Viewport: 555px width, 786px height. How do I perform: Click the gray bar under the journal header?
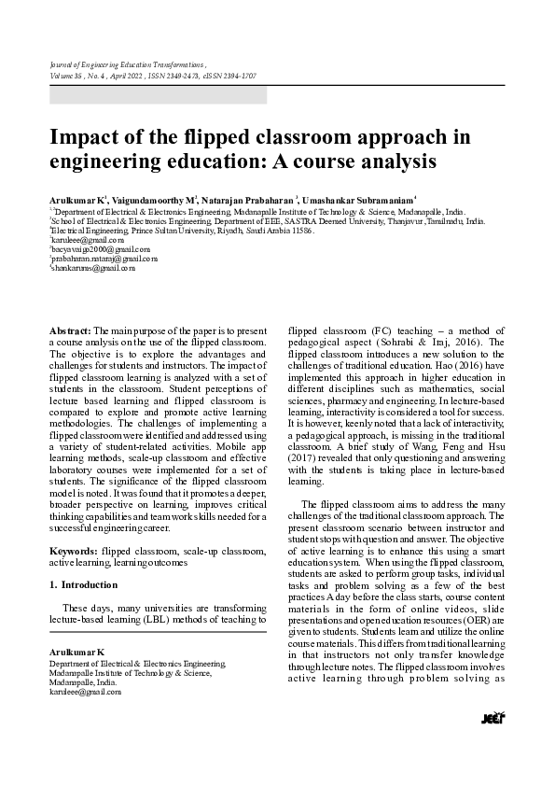point(158,94)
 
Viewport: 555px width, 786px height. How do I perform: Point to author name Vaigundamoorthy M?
point(156,200)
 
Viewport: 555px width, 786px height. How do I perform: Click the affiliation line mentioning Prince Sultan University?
point(182,230)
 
